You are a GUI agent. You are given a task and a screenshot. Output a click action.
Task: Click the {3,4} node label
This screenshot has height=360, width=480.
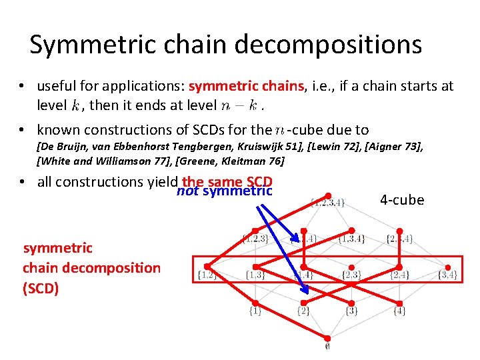(446, 275)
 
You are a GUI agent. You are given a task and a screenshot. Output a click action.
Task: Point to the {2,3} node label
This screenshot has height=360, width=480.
(351, 275)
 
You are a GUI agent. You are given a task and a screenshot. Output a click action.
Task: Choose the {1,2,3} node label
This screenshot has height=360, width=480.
(256, 239)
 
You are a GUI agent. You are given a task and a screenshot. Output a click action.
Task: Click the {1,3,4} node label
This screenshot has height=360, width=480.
(351, 239)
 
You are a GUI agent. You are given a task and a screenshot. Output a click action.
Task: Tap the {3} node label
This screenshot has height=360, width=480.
(351, 311)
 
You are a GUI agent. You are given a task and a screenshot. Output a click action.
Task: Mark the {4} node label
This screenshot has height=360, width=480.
(399, 311)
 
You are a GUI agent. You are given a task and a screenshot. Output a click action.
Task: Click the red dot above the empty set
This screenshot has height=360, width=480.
(328, 338)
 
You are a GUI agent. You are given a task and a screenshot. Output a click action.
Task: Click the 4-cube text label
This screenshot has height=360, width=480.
(402, 200)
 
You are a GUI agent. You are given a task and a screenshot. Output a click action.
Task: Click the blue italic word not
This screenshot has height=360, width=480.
(187, 192)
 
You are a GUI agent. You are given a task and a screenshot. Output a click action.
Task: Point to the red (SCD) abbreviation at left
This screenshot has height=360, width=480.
(41, 289)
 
